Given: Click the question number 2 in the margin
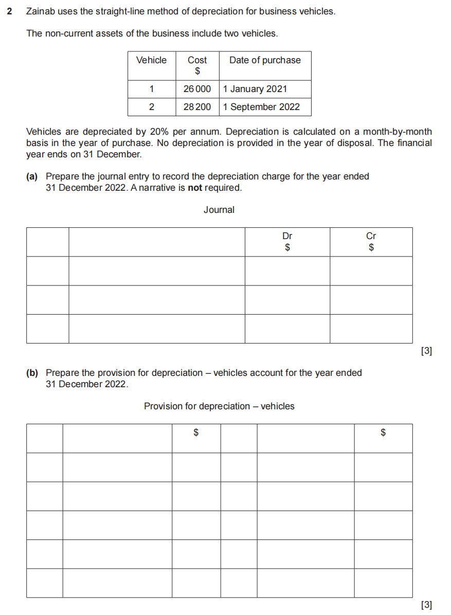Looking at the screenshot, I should click(x=10, y=11).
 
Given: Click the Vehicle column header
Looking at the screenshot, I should click(x=151, y=60).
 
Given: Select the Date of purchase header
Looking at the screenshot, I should click(x=265, y=60).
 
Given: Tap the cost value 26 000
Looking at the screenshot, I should click(x=197, y=89).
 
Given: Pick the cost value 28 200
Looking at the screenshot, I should click(x=197, y=107).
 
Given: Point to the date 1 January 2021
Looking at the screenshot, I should click(x=255, y=89).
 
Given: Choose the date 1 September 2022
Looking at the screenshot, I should click(x=261, y=107).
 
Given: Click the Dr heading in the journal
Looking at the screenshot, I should click(x=287, y=236).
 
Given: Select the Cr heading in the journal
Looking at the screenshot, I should click(x=371, y=236).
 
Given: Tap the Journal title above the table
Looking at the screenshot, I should click(x=219, y=210).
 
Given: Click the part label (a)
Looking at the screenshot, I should click(x=32, y=176).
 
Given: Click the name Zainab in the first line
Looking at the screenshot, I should click(x=40, y=11).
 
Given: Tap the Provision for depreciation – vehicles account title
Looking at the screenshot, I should click(x=219, y=406).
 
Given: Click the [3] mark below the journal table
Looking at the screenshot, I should click(x=426, y=352).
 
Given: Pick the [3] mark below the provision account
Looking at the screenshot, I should click(x=426, y=605).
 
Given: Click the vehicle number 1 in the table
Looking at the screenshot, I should click(x=151, y=89).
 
